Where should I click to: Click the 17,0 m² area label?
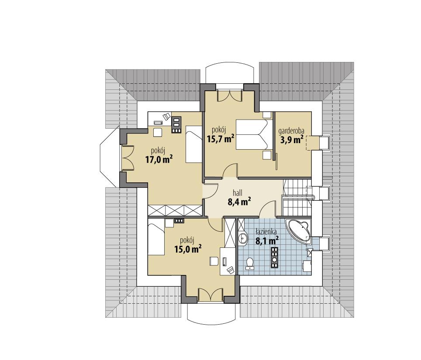(159, 159)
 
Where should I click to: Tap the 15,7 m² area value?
(221, 139)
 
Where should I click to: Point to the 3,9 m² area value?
(291, 140)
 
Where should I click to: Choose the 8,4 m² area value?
(239, 201)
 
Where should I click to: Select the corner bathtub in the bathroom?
(299, 230)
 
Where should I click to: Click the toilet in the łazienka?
(250, 264)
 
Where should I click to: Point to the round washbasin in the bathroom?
(243, 238)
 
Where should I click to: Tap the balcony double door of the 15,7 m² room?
(230, 96)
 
